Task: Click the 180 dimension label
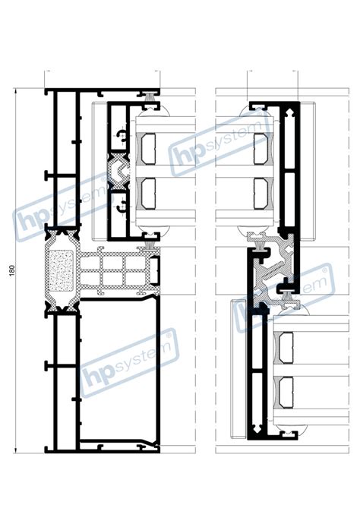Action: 11,270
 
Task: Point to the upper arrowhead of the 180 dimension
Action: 15,90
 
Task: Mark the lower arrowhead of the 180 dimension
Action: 15,450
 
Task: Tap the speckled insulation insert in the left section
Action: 61,270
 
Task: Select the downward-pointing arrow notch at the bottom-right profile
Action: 257,428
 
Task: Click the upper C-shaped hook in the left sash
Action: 122,135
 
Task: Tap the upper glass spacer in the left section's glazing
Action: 148,149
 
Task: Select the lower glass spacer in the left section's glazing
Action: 148,194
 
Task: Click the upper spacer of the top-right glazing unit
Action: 261,149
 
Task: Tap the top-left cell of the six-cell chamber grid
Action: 90,263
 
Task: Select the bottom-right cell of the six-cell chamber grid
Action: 136,277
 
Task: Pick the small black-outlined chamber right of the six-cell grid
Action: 153,270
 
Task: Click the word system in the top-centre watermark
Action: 235,134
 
